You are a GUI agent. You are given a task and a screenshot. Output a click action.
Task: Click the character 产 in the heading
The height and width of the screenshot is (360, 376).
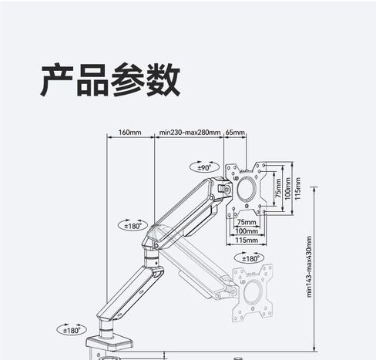tap(57, 79)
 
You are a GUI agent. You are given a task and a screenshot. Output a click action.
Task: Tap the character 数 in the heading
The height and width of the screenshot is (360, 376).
tap(163, 79)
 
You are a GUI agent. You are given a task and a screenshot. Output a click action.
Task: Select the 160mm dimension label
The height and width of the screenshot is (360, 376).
tap(129, 133)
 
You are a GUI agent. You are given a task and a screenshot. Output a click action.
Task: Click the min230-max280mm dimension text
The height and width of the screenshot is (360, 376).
tap(190, 133)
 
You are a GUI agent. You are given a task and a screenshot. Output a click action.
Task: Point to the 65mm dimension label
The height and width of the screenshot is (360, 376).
tap(235, 133)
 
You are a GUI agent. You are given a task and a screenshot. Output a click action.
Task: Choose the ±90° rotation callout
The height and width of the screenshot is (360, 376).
tap(204, 167)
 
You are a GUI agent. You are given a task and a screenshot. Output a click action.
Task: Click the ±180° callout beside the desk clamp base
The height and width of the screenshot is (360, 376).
tap(72, 329)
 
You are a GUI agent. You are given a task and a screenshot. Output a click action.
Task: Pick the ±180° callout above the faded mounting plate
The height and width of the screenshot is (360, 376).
tap(250, 257)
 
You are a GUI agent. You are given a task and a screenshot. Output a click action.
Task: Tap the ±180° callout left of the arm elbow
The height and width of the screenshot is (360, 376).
tap(133, 225)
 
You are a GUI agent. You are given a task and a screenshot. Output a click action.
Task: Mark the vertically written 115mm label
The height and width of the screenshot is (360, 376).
tap(297, 189)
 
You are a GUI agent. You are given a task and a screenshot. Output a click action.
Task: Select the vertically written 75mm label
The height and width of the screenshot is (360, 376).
tap(278, 188)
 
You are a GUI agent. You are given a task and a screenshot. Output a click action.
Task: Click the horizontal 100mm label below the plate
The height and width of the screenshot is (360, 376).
tap(247, 230)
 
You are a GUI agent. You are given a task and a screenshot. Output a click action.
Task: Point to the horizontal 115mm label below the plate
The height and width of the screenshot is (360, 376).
tap(247, 240)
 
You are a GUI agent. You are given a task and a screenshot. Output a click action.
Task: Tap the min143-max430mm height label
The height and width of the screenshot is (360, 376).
tap(309, 267)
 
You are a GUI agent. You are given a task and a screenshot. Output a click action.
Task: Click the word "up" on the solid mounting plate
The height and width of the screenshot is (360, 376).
tap(236, 177)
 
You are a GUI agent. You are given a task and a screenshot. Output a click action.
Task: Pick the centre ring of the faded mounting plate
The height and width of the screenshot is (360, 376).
tap(253, 292)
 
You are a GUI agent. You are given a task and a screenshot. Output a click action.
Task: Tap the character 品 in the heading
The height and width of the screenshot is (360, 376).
tap(92, 80)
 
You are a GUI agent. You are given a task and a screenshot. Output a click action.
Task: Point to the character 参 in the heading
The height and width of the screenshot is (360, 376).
tap(128, 79)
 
